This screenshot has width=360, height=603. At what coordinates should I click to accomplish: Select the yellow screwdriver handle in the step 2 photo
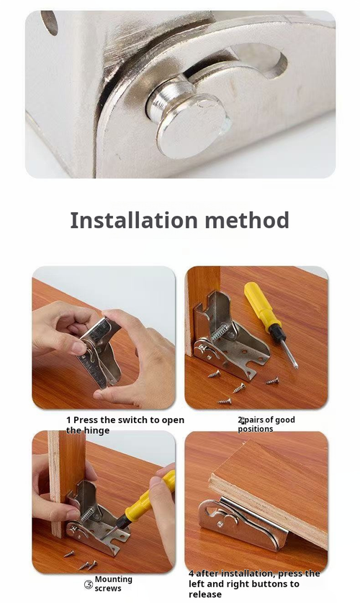click(262, 306)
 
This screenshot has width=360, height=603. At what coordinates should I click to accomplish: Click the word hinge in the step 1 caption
click(97, 430)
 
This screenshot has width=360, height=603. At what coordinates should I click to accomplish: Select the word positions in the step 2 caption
click(256, 429)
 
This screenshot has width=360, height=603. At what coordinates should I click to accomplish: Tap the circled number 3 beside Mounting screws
click(89, 584)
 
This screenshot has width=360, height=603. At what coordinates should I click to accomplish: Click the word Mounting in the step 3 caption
click(114, 579)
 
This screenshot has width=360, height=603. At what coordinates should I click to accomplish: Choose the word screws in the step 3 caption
click(108, 589)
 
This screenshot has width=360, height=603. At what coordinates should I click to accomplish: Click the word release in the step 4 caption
click(206, 594)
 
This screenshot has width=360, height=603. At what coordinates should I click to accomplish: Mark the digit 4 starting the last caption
click(191, 574)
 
